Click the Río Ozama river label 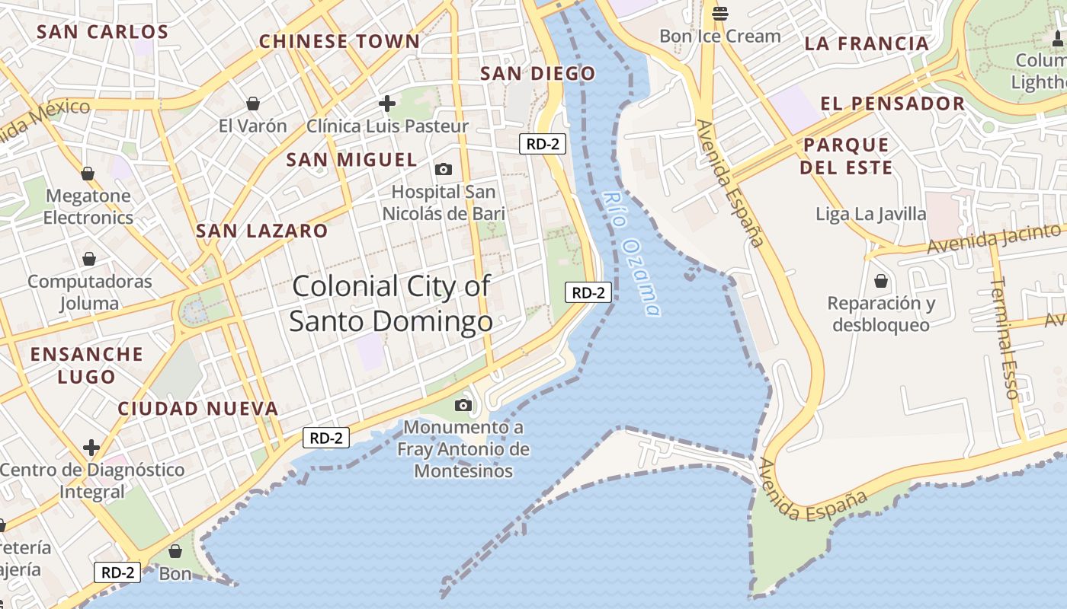631,253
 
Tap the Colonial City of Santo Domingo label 391,304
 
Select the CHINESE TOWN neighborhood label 339,41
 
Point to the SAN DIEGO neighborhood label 538,74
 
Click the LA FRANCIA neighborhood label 867,43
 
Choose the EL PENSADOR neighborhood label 892,104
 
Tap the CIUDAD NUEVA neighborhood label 198,409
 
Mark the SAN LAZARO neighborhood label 262,231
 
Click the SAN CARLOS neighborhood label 103,32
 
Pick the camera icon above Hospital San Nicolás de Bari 443,169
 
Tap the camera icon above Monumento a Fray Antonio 463,405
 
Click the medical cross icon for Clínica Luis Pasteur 387,103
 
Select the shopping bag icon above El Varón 253,103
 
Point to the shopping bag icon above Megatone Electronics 88,174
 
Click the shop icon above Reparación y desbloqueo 881,281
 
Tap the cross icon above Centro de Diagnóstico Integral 91,447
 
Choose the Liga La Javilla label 871,214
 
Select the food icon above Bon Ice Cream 720,13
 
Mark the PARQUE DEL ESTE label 846,156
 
